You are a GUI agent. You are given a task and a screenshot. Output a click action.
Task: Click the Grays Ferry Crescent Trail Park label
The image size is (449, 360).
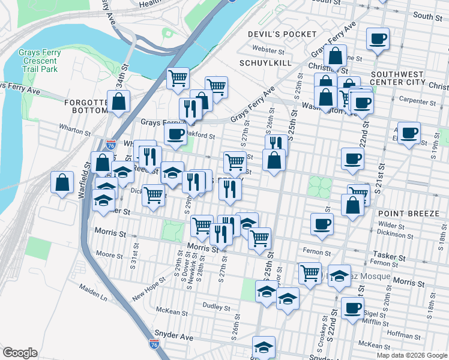pyautogui.click(x=38, y=61)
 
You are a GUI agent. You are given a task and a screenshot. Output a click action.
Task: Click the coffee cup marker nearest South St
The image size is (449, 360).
pyautogui.click(x=378, y=40)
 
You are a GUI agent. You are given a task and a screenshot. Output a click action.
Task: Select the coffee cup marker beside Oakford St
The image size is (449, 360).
pyautogui.click(x=175, y=134)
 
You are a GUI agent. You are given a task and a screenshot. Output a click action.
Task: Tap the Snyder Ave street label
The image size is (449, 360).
pyautogui.click(x=174, y=337)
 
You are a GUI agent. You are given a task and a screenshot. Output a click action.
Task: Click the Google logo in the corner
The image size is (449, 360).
pyautogui.click(x=20, y=352)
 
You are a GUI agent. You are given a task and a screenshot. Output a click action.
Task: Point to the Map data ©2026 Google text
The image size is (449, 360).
pyautogui.click(x=411, y=355)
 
